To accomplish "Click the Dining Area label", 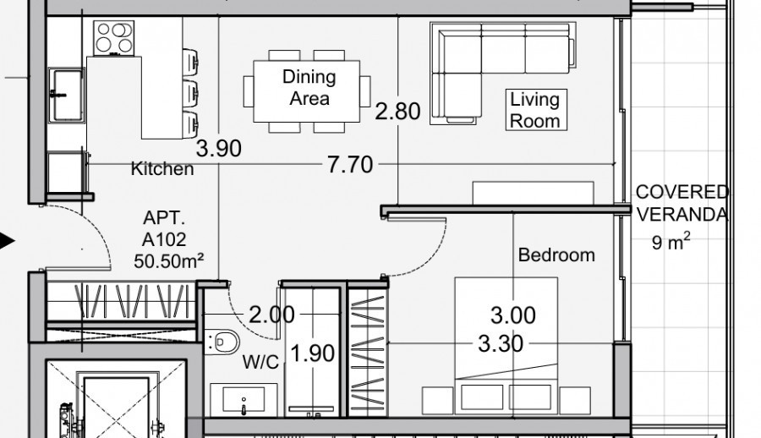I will pos(309,87).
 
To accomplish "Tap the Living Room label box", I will pos(534,109).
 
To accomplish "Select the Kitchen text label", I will pos(162,169).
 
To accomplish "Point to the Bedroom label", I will pos(556,255).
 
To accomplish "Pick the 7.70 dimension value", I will pos(349,164).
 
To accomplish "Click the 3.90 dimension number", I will pos(218,150).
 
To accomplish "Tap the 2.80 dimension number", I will pos(397,111).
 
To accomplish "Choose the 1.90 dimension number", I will pos(313,353).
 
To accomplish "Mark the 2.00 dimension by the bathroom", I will pos(271,315).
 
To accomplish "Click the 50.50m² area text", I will pos(169,260).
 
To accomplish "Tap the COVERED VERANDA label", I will pos(682,204).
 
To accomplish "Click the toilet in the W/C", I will pos(221,342).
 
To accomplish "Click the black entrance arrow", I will pos(7,242).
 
